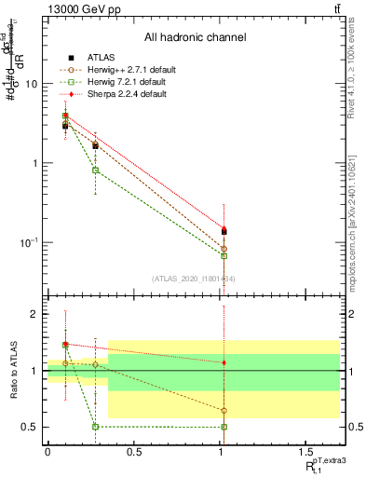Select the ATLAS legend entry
[x=96, y=57]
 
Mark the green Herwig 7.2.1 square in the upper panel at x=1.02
[x=224, y=255]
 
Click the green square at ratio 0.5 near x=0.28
[x=95, y=427]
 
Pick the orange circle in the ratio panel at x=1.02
[x=224, y=411]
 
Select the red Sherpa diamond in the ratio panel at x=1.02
[x=224, y=362]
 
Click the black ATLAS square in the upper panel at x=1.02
[x=224, y=231]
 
